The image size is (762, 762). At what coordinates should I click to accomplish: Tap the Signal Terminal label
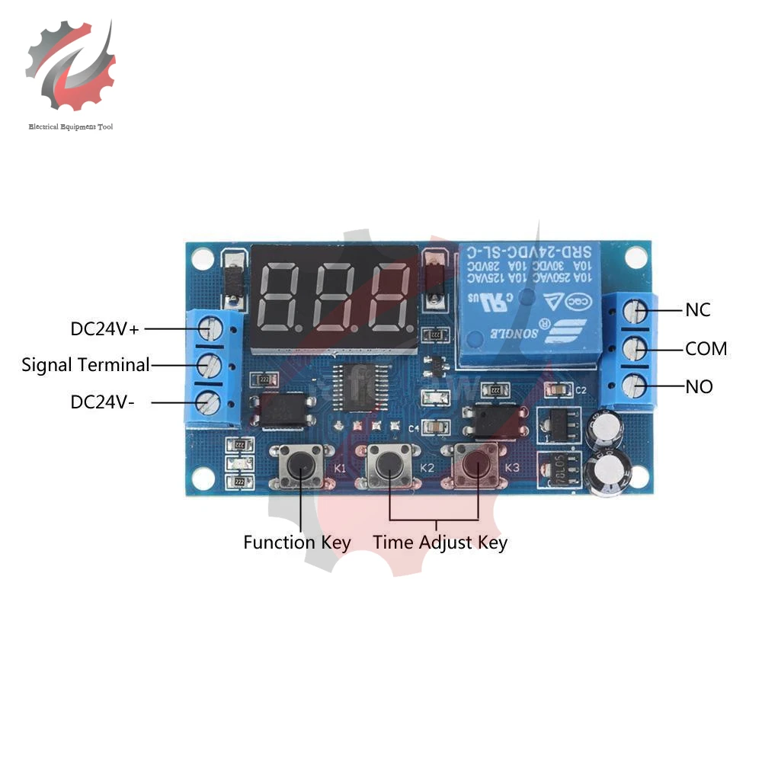point(85,365)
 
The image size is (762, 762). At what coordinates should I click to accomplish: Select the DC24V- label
point(103,402)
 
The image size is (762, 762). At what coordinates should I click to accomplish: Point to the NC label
point(698,310)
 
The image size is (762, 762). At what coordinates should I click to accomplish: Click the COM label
point(706,349)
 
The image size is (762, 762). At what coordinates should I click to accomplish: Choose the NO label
point(699,387)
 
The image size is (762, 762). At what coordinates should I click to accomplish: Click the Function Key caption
point(296,543)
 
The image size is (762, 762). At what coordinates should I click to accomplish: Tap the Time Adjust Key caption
point(440,543)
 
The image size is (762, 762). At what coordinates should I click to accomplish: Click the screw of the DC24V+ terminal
point(207,328)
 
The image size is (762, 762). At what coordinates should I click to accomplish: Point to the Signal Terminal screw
point(207,365)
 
